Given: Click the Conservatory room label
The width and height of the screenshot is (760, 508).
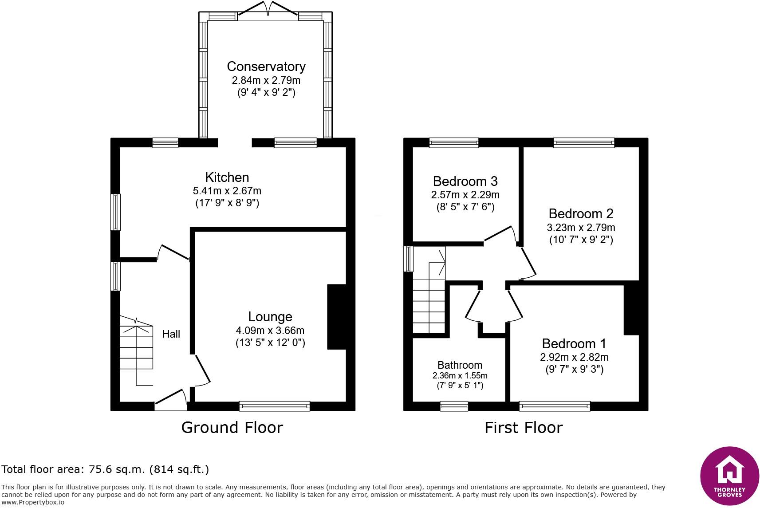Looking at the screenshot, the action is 266,67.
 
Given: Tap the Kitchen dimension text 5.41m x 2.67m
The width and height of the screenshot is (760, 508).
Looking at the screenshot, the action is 227,191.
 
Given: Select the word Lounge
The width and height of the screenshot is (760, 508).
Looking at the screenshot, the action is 270,317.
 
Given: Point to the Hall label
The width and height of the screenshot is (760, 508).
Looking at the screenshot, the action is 171,334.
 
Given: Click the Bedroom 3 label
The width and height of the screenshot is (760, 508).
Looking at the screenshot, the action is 465,181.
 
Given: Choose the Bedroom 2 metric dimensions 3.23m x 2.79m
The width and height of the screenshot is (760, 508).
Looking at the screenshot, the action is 581,227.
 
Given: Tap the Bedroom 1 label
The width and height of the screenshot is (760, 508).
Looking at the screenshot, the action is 574,344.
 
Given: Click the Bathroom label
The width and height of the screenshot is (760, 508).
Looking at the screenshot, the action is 460,365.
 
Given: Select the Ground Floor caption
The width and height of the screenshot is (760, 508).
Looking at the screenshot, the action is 232,428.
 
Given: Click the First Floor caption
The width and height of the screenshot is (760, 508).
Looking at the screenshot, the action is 524,428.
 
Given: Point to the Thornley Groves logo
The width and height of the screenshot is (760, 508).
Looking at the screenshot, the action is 729,476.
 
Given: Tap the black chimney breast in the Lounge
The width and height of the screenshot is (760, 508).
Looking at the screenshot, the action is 337,317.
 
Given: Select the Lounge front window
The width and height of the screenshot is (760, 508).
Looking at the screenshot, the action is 275,406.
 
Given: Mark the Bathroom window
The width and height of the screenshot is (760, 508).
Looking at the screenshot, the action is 454,406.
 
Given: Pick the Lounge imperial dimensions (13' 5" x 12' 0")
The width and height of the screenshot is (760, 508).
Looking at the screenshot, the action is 270,343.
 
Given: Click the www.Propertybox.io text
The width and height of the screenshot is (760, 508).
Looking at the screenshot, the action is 33,502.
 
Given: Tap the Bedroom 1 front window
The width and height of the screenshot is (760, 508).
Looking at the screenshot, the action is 555,406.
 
